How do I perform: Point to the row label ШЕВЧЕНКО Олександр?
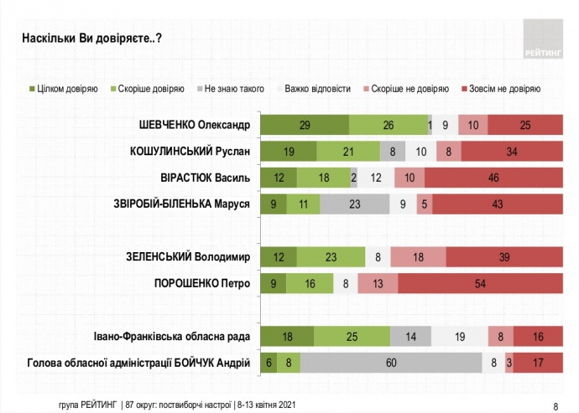[195, 126]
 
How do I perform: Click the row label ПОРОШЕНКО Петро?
[204, 283]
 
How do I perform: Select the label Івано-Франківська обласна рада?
[172, 337]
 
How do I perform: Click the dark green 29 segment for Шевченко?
[305, 126]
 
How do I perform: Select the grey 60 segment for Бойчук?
[392, 363]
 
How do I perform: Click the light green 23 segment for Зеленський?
[331, 257]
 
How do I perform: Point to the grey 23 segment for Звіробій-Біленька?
[354, 204]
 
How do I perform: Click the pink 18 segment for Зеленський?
[418, 257]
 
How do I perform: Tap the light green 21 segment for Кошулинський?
[347, 152]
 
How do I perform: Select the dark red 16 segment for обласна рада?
[537, 337]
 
